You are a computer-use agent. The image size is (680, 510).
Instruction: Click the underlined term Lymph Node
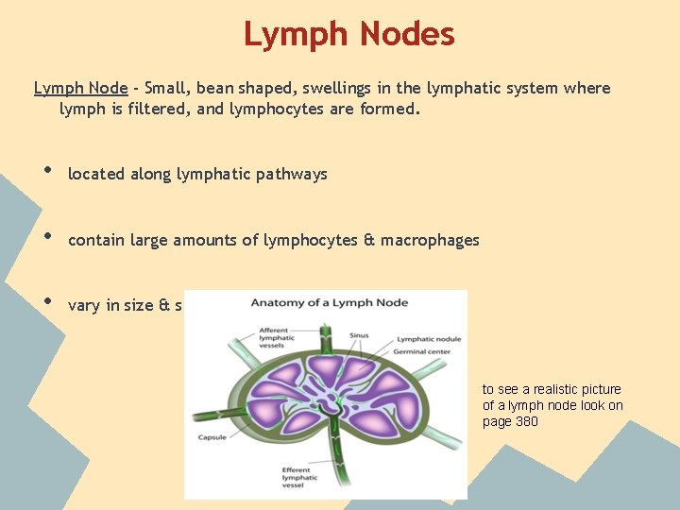(80, 89)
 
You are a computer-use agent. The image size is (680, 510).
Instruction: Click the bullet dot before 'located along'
(47, 171)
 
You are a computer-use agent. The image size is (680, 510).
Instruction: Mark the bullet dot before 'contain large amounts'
(47, 237)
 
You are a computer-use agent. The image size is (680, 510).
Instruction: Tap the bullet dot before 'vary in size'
(47, 302)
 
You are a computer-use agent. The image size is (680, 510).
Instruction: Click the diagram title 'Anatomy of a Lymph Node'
(329, 302)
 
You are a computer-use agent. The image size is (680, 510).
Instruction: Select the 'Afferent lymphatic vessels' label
(276, 338)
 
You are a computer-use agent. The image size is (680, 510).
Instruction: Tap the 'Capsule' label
(212, 437)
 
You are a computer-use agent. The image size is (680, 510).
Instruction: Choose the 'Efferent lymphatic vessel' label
(300, 478)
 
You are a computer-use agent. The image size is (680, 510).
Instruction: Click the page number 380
(526, 422)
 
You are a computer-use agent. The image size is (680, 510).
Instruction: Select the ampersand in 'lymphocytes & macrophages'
(368, 240)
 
